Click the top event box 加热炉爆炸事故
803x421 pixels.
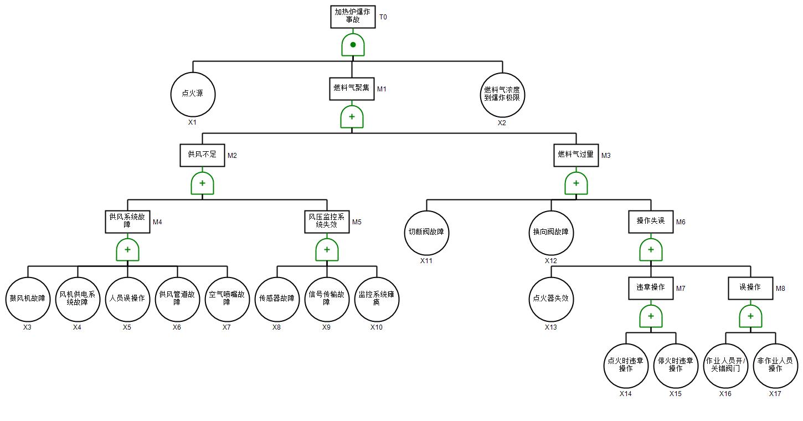[353, 17]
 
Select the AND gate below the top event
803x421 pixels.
[353, 45]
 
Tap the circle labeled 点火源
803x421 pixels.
[193, 95]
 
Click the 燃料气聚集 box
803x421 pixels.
[352, 89]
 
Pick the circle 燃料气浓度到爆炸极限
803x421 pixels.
[502, 95]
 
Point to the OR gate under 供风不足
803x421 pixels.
[202, 183]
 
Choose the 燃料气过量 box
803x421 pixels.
[576, 155]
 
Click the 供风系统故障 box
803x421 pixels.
[127, 222]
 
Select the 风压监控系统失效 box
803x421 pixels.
[327, 222]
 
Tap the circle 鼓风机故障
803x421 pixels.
[28, 299]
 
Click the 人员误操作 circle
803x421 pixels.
[127, 299]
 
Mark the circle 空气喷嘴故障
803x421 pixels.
[227, 299]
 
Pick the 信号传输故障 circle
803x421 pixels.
[327, 299]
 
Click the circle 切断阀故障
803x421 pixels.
[426, 233]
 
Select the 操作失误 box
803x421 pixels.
[651, 222]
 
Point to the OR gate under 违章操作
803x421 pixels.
[651, 316]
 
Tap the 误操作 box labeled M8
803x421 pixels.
[750, 288]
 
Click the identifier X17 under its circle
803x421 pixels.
[775, 394]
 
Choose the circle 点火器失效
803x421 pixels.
[551, 299]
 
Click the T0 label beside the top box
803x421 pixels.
[383, 17]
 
